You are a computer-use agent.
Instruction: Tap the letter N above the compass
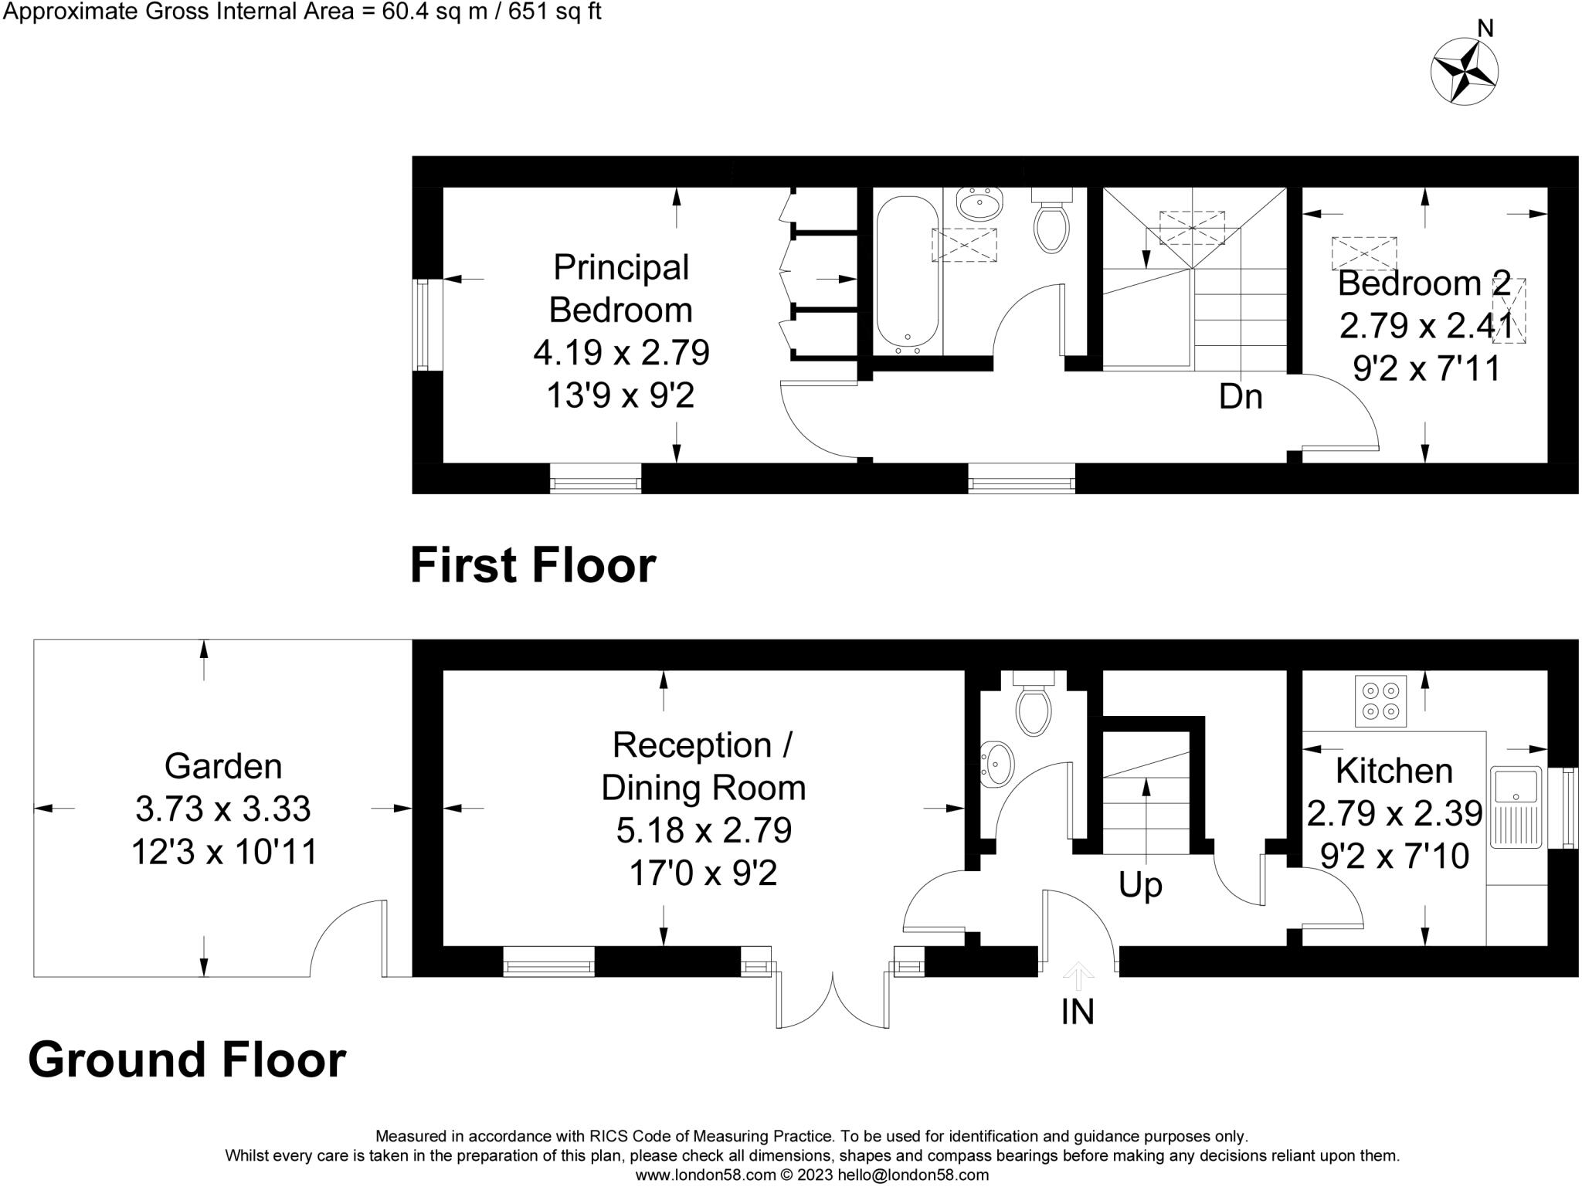point(1485,29)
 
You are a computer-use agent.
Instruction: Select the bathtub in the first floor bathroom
point(907,274)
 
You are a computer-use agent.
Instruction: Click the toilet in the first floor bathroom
point(1051,226)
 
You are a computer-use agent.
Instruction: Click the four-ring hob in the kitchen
point(1380,700)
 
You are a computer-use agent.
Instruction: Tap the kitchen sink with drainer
point(1516,806)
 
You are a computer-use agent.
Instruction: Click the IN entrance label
point(1078,1012)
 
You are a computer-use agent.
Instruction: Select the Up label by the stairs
point(1140,885)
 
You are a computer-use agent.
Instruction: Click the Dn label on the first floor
point(1241,397)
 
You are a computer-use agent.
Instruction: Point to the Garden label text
point(223,767)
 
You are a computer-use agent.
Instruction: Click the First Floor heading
point(532,565)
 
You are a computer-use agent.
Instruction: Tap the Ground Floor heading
point(187,1060)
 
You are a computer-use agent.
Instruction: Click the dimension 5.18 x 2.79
point(704,831)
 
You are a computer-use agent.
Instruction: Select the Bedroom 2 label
point(1423,283)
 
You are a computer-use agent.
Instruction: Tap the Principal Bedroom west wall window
point(422,324)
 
